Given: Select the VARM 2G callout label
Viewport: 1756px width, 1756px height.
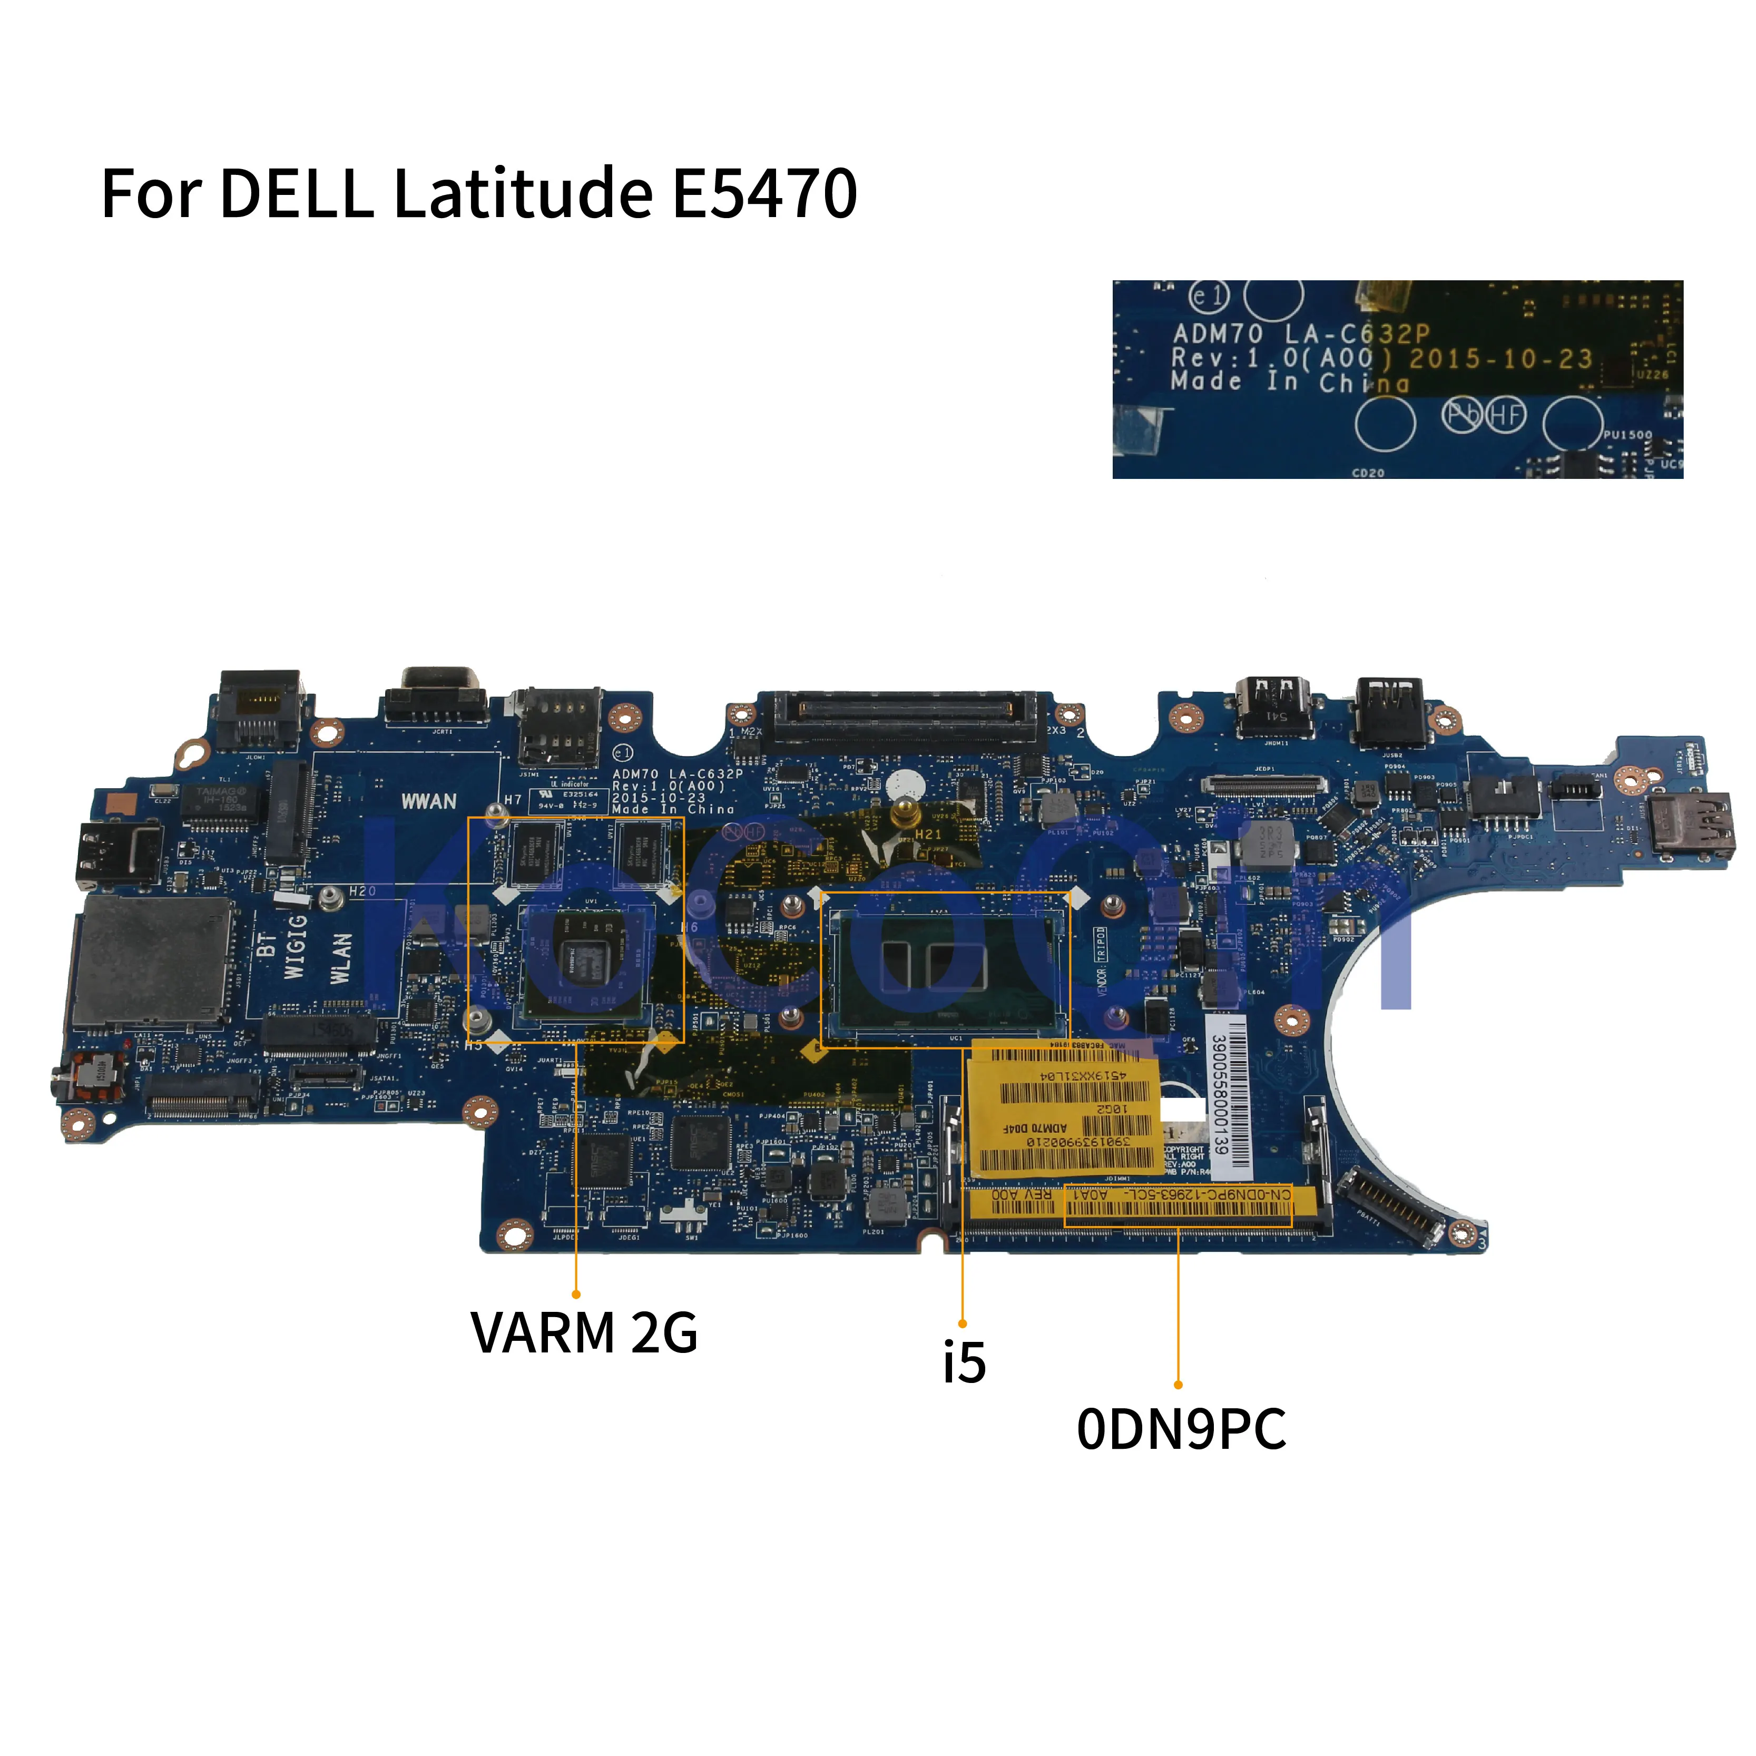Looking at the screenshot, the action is tap(584, 1332).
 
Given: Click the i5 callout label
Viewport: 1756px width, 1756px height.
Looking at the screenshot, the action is tap(964, 1361).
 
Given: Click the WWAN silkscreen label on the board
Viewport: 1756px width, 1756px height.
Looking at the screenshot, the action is tap(429, 801).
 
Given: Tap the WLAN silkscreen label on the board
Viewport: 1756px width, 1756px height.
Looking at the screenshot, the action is tap(340, 958).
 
